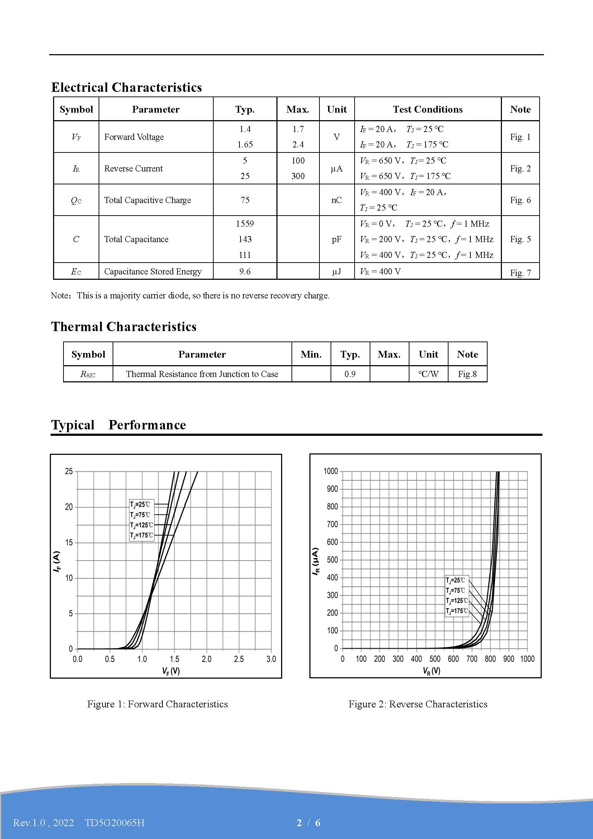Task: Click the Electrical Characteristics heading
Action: [126, 87]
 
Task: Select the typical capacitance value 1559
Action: [245, 223]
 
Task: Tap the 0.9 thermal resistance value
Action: [350, 374]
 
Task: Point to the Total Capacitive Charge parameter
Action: [147, 200]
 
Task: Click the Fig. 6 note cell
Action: [520, 200]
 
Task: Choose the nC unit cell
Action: [336, 200]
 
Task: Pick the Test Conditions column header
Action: [428, 109]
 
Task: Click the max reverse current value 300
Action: [298, 176]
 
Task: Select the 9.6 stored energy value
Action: [245, 271]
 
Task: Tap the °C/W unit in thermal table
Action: [428, 374]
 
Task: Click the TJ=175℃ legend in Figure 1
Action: [141, 535]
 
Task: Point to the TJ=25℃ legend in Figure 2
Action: [455, 580]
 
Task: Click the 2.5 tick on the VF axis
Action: [239, 659]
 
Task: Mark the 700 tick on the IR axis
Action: [332, 524]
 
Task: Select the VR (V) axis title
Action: [431, 671]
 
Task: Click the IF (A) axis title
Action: [57, 562]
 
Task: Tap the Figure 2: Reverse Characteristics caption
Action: [418, 704]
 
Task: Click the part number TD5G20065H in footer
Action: [115, 822]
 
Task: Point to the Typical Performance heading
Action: [118, 425]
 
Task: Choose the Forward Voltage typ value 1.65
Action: [245, 144]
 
